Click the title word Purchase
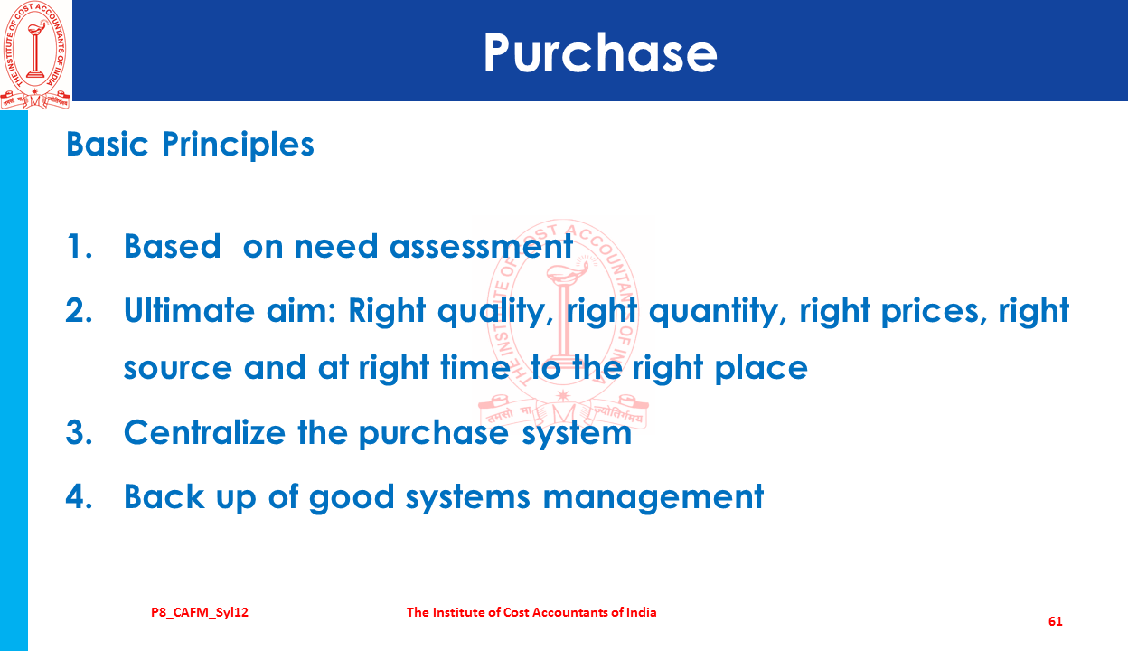[600, 53]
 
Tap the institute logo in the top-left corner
[35, 55]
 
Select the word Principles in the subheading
[238, 145]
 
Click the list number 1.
[79, 247]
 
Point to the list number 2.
[79, 310]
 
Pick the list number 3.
[79, 432]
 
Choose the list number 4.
[79, 496]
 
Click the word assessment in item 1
[482, 247]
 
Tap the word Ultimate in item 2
[189, 309]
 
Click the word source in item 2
[178, 368]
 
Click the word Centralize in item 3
[204, 432]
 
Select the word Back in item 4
[164, 496]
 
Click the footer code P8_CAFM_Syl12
[200, 613]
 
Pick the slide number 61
[1056, 621]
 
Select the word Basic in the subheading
[108, 145]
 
